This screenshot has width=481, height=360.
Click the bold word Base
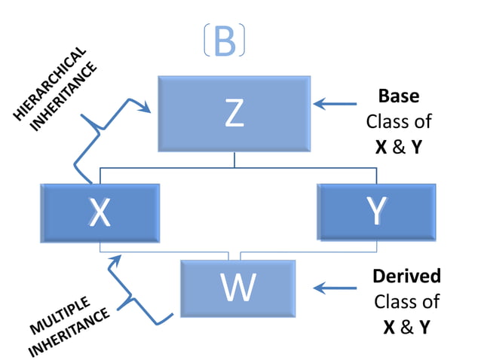coord(399,97)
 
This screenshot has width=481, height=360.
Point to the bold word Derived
coord(406,276)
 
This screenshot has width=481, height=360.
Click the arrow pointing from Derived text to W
coord(335,287)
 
